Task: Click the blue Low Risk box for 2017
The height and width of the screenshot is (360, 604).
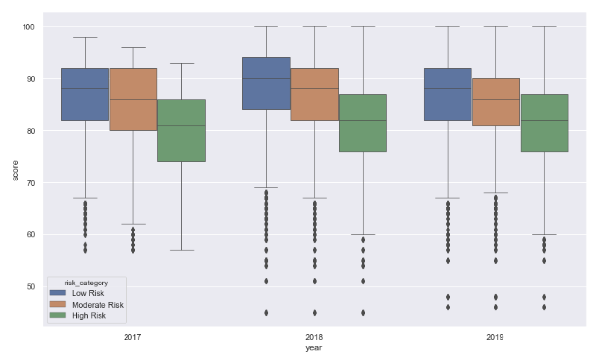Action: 85,94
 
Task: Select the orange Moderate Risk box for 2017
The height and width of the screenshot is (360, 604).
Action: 133,99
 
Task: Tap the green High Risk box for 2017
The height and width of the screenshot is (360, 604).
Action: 181,130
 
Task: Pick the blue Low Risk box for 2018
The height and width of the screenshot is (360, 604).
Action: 266,83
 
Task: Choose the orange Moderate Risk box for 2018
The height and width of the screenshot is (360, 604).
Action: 314,94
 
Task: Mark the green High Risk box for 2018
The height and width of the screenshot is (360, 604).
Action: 363,123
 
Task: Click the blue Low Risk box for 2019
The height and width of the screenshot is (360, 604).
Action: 447,94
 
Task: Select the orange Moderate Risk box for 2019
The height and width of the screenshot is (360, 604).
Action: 496,102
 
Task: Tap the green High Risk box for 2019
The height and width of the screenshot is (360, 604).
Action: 544,123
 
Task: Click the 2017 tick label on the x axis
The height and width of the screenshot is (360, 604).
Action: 133,338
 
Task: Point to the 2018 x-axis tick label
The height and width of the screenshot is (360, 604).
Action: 314,338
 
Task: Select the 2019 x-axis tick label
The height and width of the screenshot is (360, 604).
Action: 496,338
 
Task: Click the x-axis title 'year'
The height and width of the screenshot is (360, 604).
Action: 314,348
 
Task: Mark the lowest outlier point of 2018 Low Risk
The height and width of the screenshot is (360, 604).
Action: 266,313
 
